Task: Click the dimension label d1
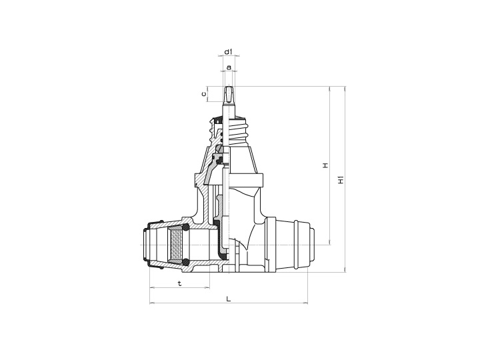pyautogui.click(x=227, y=51)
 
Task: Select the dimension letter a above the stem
pyautogui.click(x=229, y=67)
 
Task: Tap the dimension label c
pyautogui.click(x=204, y=94)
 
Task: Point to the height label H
pyautogui.click(x=325, y=165)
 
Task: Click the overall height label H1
pyautogui.click(x=341, y=180)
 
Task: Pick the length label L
pyautogui.click(x=228, y=299)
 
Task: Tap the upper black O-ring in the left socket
pyautogui.click(x=187, y=228)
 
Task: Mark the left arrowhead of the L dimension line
pyautogui.click(x=151, y=304)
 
